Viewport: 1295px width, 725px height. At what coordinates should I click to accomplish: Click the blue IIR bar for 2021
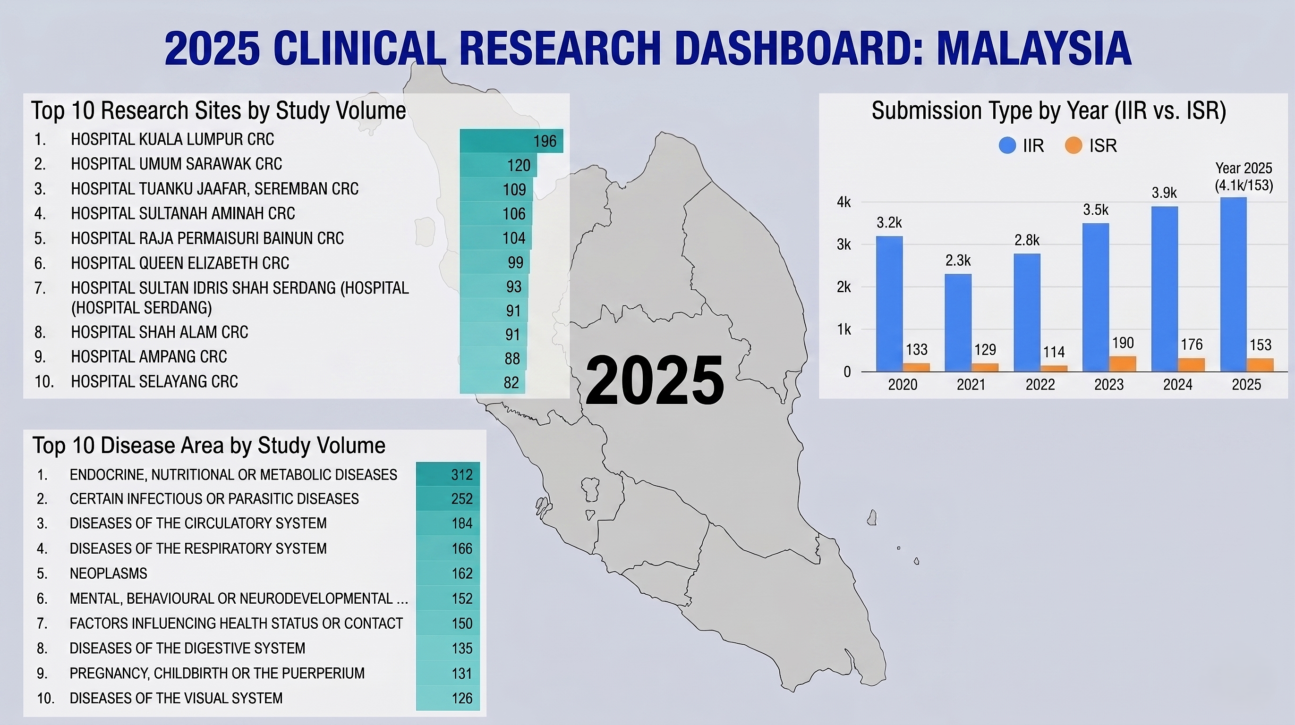(x=958, y=322)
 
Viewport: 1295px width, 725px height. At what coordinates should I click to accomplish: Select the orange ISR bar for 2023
(x=1123, y=364)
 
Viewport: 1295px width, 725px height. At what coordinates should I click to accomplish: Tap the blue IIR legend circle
(x=1007, y=146)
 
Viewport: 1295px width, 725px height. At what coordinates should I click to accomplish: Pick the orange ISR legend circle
(x=1073, y=146)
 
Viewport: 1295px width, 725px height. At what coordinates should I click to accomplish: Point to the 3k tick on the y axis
(x=844, y=244)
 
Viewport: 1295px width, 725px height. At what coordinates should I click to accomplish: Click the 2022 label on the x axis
(x=1040, y=385)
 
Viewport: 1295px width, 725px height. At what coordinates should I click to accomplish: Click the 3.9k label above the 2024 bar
(x=1164, y=193)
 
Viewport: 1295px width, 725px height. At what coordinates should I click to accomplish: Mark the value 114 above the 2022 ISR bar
(x=1054, y=352)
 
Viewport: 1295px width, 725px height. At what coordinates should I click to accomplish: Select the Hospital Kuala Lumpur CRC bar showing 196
(x=511, y=141)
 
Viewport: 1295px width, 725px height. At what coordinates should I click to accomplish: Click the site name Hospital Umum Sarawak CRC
(x=177, y=164)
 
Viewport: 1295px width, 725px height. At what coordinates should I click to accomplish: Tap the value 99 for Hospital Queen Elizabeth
(x=515, y=262)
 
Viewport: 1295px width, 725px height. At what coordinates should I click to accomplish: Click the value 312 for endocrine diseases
(x=462, y=475)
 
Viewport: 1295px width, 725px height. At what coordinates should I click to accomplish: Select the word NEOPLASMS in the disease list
(x=109, y=573)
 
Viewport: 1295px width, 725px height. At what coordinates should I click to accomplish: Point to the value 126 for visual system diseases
(x=462, y=699)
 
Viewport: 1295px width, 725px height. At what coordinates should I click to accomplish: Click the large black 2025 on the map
(x=655, y=380)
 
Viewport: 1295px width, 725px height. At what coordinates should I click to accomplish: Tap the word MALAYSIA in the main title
(x=1033, y=48)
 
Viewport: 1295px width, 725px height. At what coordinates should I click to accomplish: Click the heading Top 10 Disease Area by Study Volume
(x=209, y=446)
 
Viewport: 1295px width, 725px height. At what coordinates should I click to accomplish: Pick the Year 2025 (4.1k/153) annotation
(x=1244, y=177)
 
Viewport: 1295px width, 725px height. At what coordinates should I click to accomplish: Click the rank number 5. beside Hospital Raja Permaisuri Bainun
(x=40, y=238)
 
